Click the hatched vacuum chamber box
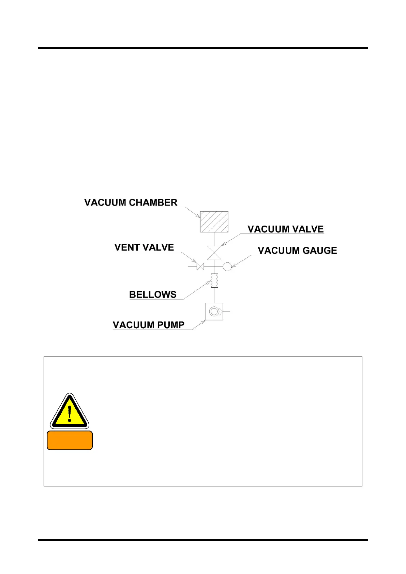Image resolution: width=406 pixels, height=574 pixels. click(214, 222)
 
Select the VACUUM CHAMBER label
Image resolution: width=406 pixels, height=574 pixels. click(131, 202)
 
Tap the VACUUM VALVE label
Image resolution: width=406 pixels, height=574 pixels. click(285, 229)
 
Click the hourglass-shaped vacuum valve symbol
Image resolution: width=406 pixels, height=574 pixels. click(214, 253)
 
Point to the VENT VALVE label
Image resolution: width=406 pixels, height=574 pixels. click(144, 247)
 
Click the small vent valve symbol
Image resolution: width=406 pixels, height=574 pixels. click(200, 267)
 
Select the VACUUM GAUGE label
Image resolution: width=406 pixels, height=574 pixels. click(297, 251)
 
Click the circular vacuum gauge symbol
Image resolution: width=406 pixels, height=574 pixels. click(227, 267)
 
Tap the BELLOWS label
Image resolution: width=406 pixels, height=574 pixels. click(153, 294)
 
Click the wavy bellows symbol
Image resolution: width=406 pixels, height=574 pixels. click(214, 281)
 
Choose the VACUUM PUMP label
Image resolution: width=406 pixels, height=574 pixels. click(148, 325)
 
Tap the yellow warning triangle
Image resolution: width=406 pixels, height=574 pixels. click(70, 412)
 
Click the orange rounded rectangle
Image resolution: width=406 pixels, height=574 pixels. click(70, 440)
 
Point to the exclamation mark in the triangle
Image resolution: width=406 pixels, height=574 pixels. click(70, 413)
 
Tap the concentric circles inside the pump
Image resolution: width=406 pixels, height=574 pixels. click(214, 312)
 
